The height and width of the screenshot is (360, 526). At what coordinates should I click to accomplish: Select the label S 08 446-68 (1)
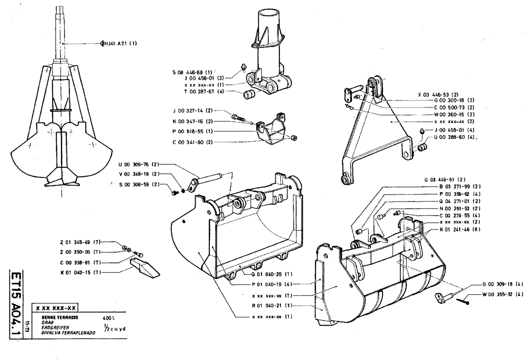192,71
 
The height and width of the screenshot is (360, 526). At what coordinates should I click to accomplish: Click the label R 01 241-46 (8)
459,229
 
